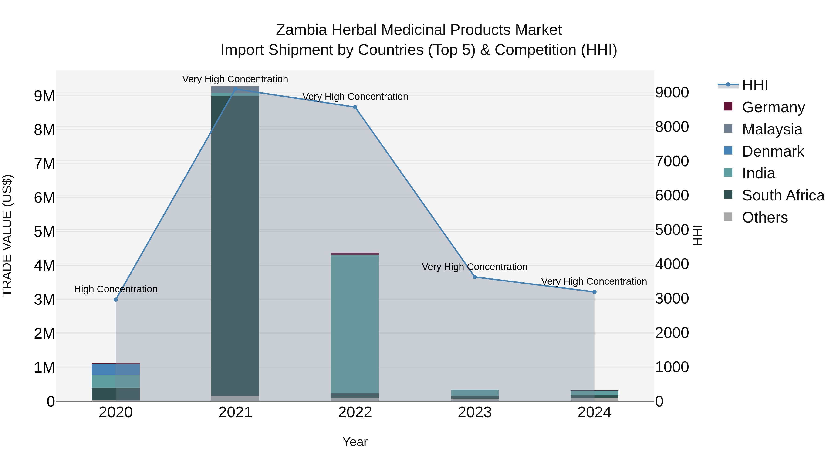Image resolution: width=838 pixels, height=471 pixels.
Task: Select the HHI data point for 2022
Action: point(355,107)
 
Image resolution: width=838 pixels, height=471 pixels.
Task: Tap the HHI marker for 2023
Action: point(475,277)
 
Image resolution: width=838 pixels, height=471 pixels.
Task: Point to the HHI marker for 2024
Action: point(594,292)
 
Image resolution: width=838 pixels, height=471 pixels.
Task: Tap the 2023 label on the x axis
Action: point(475,412)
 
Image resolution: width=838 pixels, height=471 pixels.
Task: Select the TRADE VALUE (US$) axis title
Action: point(7,235)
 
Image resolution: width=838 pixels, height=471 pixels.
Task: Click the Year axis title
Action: point(355,442)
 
